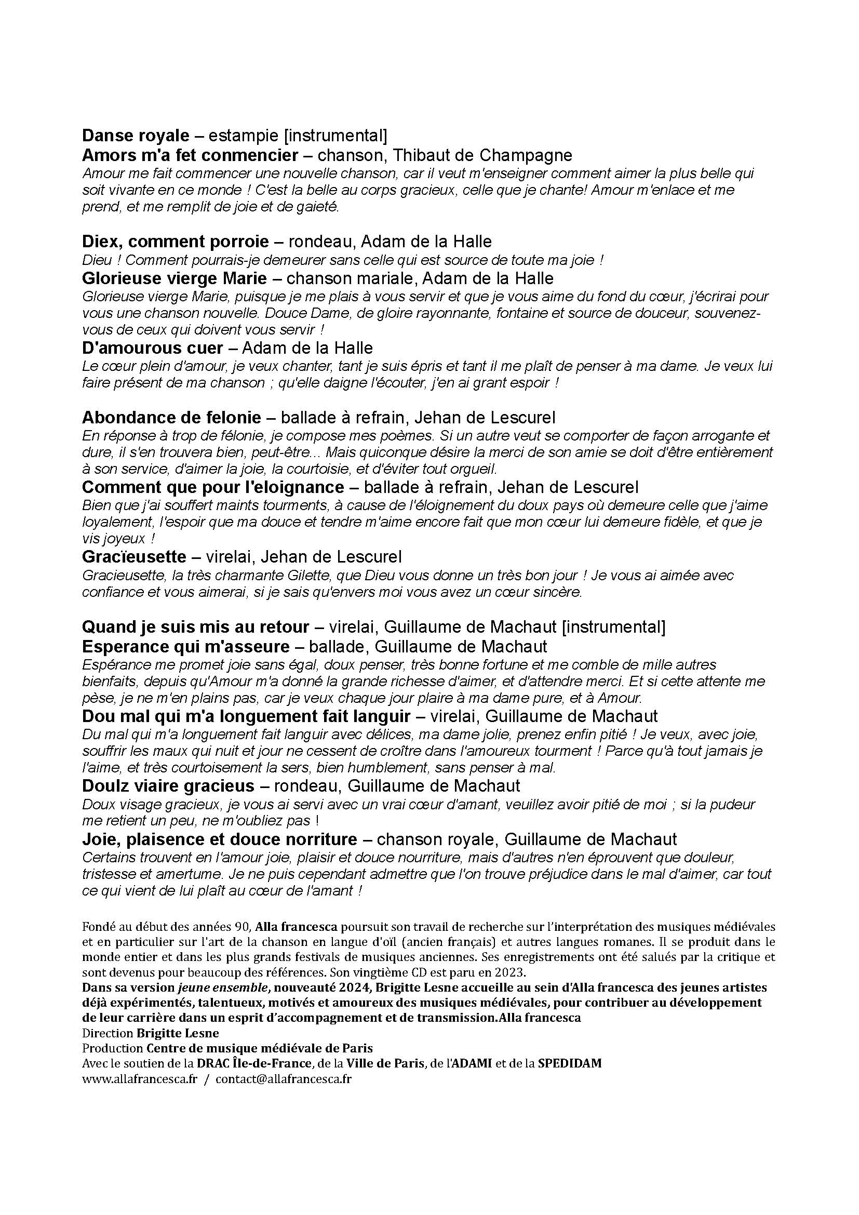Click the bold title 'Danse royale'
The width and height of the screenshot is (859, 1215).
(136, 136)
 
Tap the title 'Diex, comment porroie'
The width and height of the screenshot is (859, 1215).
(176, 242)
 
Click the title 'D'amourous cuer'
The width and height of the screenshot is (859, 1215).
(152, 348)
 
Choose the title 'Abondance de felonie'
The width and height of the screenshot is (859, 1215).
(171, 418)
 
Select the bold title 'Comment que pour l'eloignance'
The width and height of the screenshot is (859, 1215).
(213, 487)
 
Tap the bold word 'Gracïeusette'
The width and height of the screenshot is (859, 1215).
(135, 557)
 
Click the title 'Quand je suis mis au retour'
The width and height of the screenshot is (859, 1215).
(196, 627)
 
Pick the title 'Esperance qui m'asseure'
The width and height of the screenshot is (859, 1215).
(185, 646)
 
